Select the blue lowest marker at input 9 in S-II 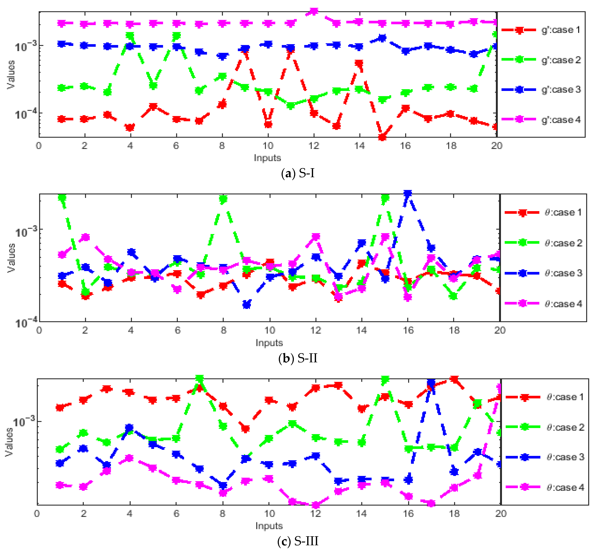pos(247,305)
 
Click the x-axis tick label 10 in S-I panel pos(268,146)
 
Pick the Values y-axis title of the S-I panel pos(11,75)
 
